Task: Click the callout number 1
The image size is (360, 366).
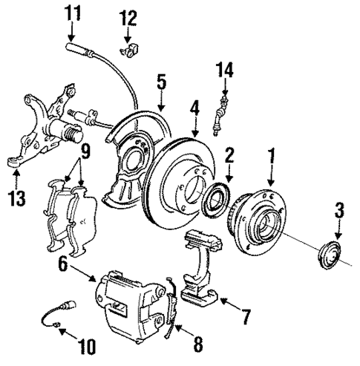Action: [x=272, y=157]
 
